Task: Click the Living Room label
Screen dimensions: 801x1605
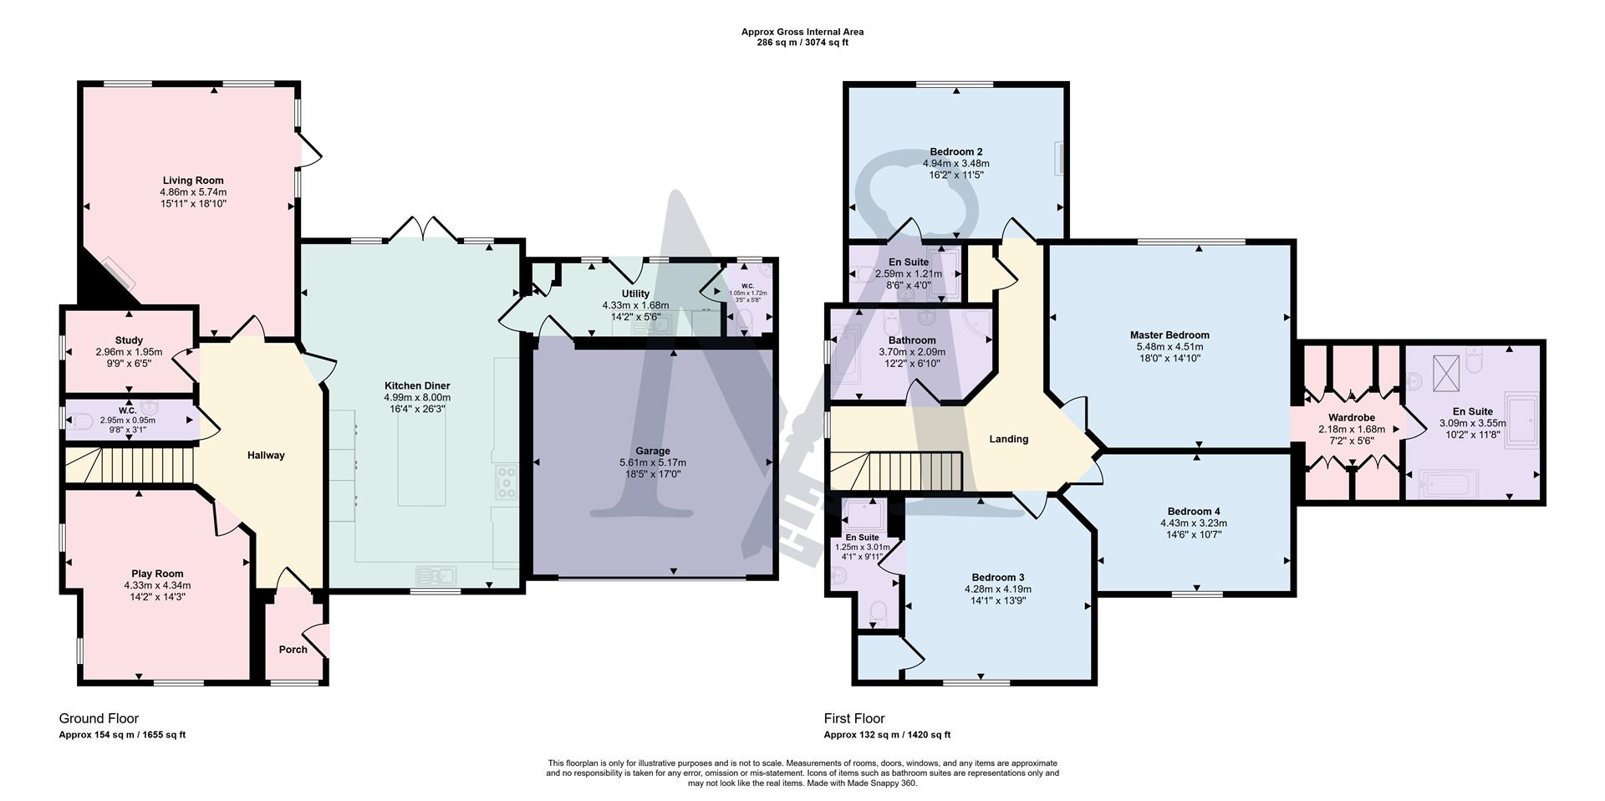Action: [193, 181]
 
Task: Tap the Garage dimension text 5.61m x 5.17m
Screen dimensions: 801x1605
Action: [653, 462]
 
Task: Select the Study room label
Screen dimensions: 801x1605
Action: [129, 340]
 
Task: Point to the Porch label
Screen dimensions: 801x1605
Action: [293, 650]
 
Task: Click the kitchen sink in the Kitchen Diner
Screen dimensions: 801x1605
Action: [436, 574]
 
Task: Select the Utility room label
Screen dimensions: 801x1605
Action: [635, 293]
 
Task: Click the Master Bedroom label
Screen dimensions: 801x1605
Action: [1169, 335]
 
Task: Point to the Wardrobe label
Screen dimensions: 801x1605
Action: [1351, 418]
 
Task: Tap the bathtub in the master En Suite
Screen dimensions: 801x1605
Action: [1450, 483]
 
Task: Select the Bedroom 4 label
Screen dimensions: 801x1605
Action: [1194, 511]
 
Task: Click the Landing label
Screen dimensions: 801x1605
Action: [1008, 439]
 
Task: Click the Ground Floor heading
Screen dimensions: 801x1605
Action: [99, 718]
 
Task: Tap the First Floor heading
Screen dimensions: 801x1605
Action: [853, 718]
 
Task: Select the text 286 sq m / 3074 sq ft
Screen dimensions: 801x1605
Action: [802, 43]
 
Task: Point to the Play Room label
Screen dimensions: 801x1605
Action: [157, 574]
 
